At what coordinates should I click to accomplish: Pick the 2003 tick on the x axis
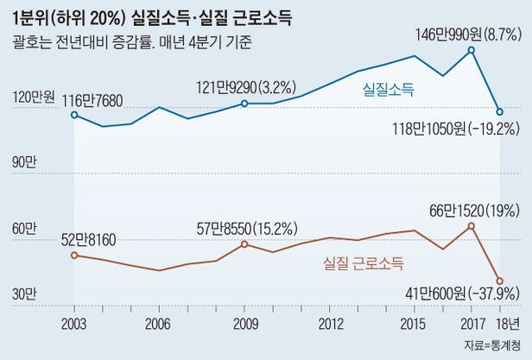click(x=74, y=324)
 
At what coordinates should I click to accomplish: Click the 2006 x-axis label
click(x=156, y=324)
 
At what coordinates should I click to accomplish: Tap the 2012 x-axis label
click(x=328, y=324)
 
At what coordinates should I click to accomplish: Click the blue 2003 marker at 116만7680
click(x=74, y=114)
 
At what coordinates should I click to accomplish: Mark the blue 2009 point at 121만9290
click(x=244, y=104)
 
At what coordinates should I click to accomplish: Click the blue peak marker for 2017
click(x=472, y=50)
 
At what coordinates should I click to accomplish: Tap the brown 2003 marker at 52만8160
click(x=74, y=255)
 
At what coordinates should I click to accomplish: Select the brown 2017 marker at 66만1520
click(x=472, y=226)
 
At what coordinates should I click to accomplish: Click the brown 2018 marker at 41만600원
click(x=499, y=280)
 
